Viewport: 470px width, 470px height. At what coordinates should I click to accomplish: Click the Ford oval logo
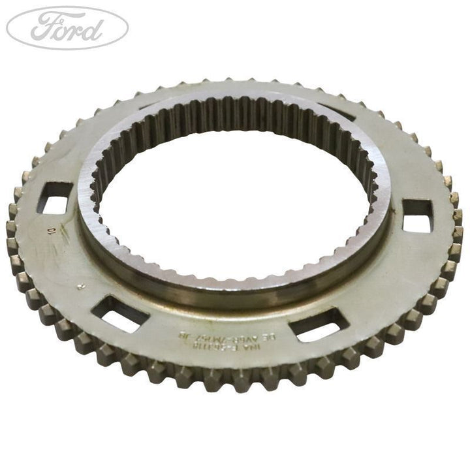click(x=67, y=28)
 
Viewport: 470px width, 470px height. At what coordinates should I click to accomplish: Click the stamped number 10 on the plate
click(x=51, y=230)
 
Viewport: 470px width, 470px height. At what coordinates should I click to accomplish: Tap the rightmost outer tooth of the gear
click(x=458, y=215)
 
